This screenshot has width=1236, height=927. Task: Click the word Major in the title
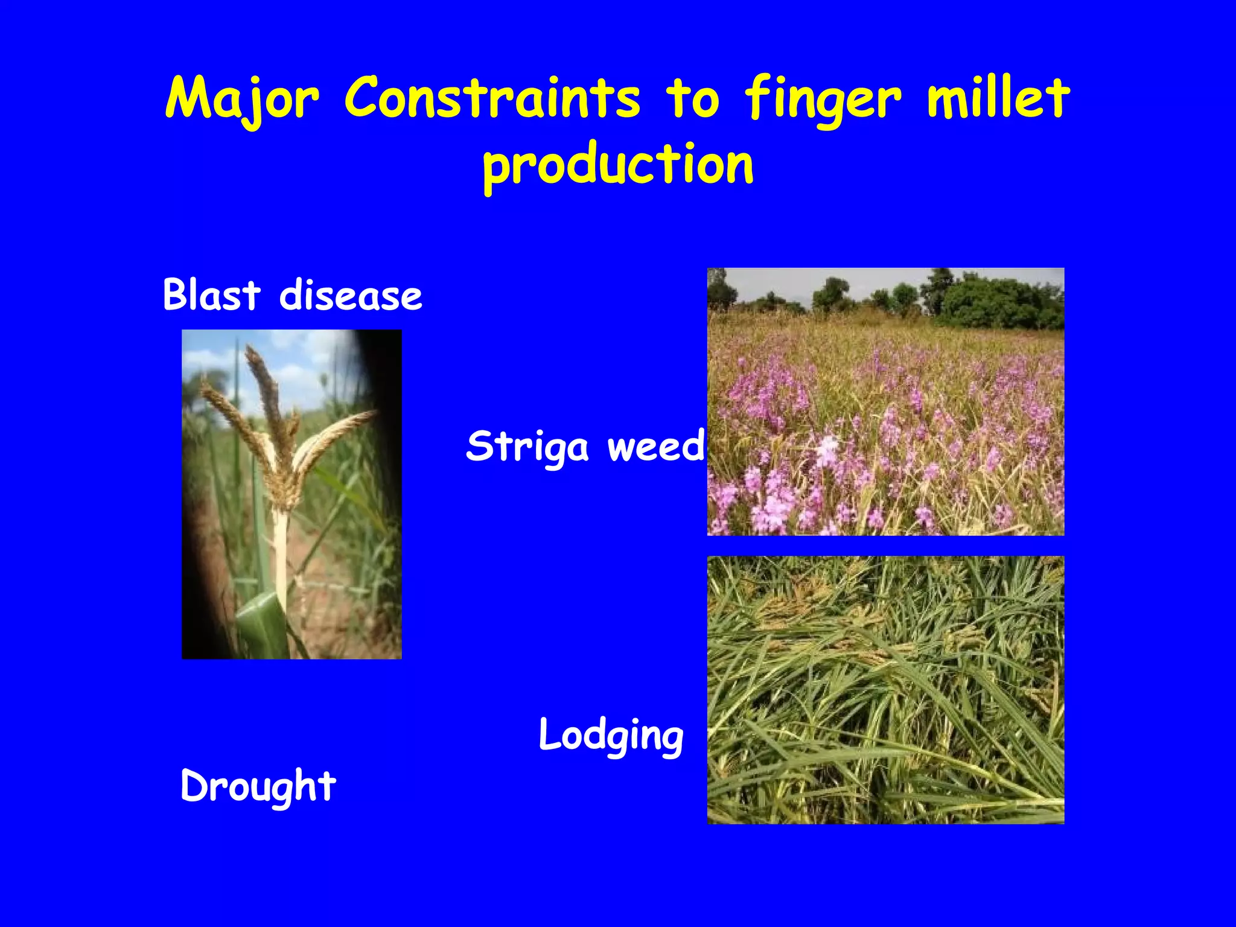(x=241, y=98)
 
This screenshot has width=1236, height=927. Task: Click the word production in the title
(x=618, y=164)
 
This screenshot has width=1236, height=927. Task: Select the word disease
(x=351, y=295)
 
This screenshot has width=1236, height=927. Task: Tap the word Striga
(x=527, y=447)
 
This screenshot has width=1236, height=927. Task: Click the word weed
(x=655, y=446)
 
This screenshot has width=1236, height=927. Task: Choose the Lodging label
(x=611, y=736)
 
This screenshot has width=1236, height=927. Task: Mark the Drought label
(x=258, y=786)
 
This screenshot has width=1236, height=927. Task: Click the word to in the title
(x=693, y=98)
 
